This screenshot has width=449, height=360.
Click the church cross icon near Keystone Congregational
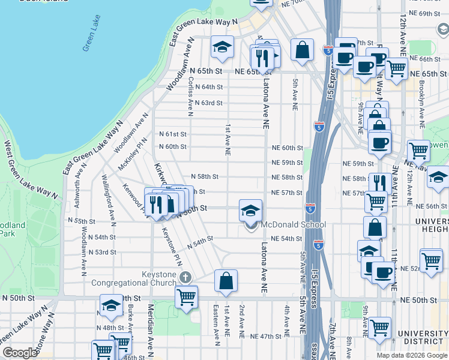click(x=185, y=277)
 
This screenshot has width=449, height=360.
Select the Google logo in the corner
click(x=20, y=353)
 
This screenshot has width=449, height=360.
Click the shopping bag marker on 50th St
click(x=226, y=281)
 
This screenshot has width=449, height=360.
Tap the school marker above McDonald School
click(x=251, y=210)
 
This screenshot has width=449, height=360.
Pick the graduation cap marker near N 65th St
click(x=222, y=47)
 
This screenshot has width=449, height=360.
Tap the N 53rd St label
click(x=101, y=252)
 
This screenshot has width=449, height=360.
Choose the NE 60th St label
click(x=287, y=148)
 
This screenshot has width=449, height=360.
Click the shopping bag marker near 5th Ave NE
click(x=303, y=50)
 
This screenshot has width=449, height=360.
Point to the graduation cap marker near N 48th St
click(x=111, y=305)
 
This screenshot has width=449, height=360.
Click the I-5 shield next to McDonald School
click(x=309, y=208)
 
